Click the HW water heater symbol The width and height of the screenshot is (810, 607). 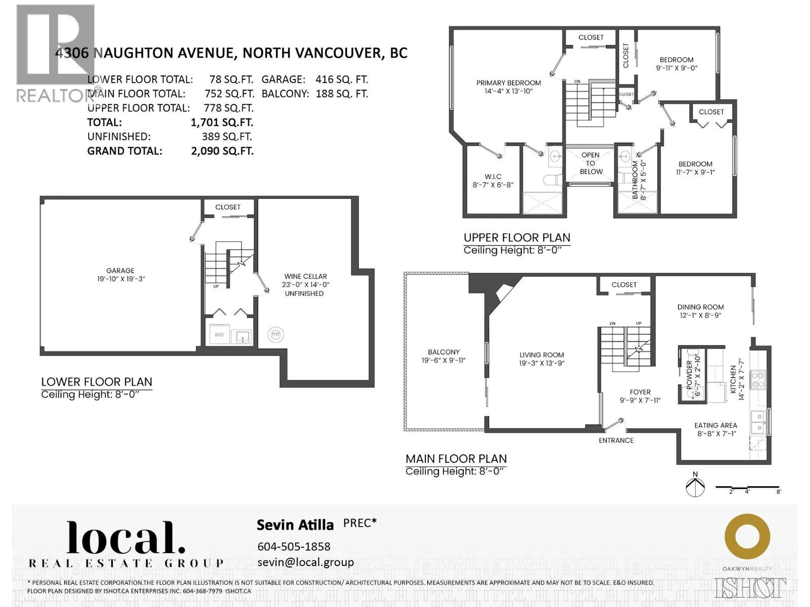click(x=276, y=334)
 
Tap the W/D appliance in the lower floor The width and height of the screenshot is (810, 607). click(x=219, y=335)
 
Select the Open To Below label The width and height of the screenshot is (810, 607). click(x=590, y=163)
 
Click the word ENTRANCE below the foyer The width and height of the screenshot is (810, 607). click(x=616, y=441)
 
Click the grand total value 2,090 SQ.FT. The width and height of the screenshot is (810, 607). click(x=222, y=151)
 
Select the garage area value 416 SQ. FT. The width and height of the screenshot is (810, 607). click(x=341, y=79)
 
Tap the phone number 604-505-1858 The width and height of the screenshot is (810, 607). click(x=294, y=546)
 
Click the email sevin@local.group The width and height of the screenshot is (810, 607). click(x=305, y=562)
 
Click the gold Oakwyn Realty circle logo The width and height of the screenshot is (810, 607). click(x=747, y=537)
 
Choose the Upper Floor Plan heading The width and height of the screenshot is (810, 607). click(x=517, y=237)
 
